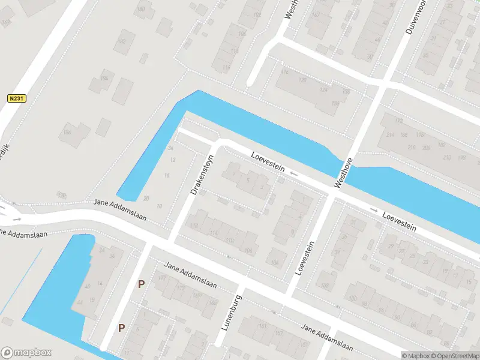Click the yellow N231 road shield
click(17, 98)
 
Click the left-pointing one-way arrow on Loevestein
click(293, 174)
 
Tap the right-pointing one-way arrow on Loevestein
click(373, 210)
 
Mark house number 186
click(67, 133)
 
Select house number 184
click(103, 79)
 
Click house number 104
click(275, 263)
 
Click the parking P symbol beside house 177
click(141, 284)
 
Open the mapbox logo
click(26, 353)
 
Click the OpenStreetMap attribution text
click(455, 356)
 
